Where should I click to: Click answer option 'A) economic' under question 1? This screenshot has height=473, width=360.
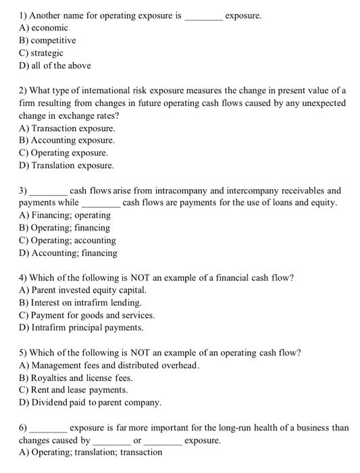[44, 28]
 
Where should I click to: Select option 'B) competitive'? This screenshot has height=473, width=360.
[47, 40]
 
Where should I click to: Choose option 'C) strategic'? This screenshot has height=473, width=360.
[41, 53]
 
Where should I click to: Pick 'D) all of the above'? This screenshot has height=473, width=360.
[55, 66]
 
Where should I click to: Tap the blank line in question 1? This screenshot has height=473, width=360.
[203, 15]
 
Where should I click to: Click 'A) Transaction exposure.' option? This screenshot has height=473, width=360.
[68, 128]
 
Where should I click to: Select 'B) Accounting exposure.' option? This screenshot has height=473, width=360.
[67, 141]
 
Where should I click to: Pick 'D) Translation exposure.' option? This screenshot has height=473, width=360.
[67, 166]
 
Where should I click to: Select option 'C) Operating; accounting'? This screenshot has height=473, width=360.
[68, 241]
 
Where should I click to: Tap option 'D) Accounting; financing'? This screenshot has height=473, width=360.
[68, 253]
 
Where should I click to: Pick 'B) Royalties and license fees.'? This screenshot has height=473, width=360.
[76, 378]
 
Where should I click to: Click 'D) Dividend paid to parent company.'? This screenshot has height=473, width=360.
[91, 403]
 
